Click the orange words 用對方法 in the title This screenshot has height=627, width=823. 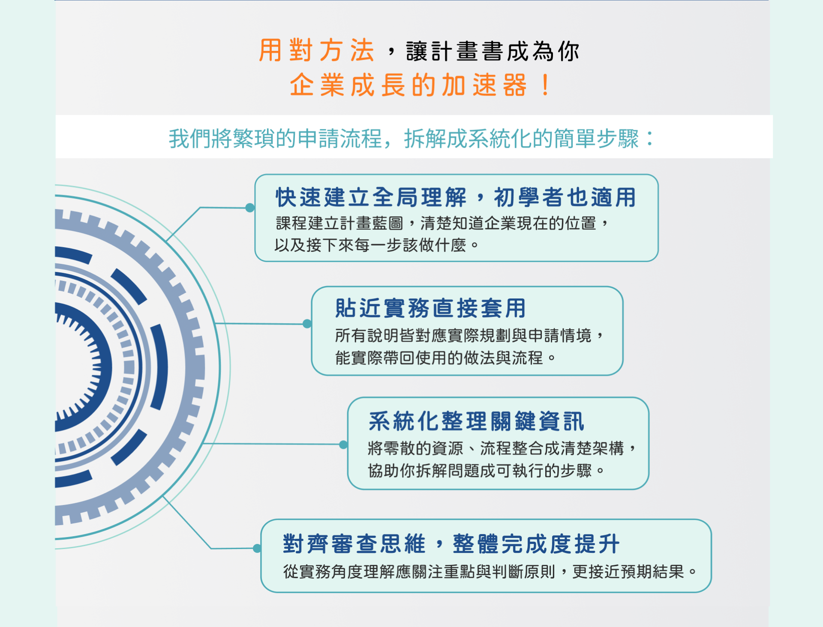[317, 51]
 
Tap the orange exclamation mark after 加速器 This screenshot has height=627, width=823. [545, 85]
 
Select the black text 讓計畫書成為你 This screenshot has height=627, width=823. [493, 51]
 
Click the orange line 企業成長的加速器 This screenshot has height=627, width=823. [408, 85]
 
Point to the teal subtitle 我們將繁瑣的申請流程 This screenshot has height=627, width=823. [275, 139]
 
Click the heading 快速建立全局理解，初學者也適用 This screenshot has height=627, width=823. [456, 197]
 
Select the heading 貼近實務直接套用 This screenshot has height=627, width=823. [430, 308]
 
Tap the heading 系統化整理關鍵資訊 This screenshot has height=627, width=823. [476, 421]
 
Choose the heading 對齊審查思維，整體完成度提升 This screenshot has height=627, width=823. [451, 544]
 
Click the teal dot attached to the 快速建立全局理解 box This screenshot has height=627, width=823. [250, 208]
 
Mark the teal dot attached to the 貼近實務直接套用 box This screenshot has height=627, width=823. [307, 324]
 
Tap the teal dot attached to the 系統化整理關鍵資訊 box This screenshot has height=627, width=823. [343, 445]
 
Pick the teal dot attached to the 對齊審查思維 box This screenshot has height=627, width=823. [257, 548]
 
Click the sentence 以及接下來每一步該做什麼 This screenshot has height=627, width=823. [376, 245]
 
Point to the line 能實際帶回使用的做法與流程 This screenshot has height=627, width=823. [445, 358]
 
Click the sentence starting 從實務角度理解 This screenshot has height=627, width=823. [490, 572]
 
